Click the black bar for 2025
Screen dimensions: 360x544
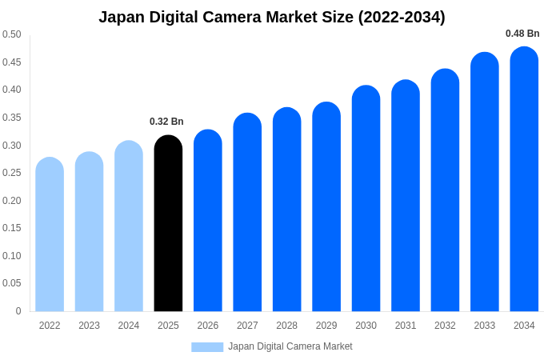pos(168,224)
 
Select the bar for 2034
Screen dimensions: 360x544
pos(524,180)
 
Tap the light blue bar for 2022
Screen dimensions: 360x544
pos(50,235)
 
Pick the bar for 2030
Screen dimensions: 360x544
pos(366,199)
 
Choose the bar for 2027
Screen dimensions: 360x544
pos(247,213)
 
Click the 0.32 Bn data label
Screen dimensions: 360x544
pos(166,122)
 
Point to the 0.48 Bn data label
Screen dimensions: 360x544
pos(522,34)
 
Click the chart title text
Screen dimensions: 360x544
pos(272,17)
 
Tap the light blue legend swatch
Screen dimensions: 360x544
pos(207,346)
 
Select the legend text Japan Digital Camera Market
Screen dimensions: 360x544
pos(290,346)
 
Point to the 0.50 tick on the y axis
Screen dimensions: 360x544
pos(12,34)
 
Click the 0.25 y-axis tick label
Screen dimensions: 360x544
pos(12,173)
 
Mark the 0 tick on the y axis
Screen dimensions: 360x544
pos(18,311)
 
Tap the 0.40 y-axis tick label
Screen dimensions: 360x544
pos(12,90)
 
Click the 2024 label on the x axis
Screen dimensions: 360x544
pos(129,326)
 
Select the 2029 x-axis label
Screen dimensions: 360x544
pos(326,326)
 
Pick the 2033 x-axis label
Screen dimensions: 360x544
pos(485,326)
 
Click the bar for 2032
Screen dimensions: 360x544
pos(445,191)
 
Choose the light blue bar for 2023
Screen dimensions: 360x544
pos(89,232)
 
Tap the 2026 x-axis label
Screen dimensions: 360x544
pos(208,326)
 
